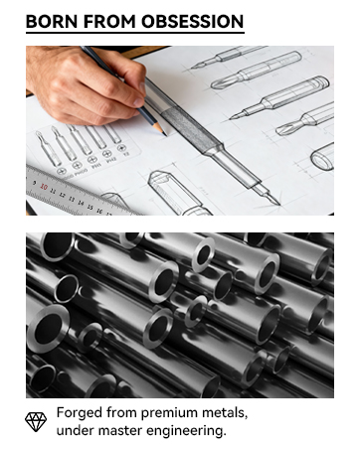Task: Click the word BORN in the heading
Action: tap(50, 21)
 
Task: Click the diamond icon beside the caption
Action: tap(36, 421)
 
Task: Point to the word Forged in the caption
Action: tap(78, 412)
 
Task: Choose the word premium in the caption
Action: tap(162, 412)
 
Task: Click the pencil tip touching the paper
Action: tap(159, 130)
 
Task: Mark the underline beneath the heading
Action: tap(135, 34)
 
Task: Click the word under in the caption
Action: tap(74, 430)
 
